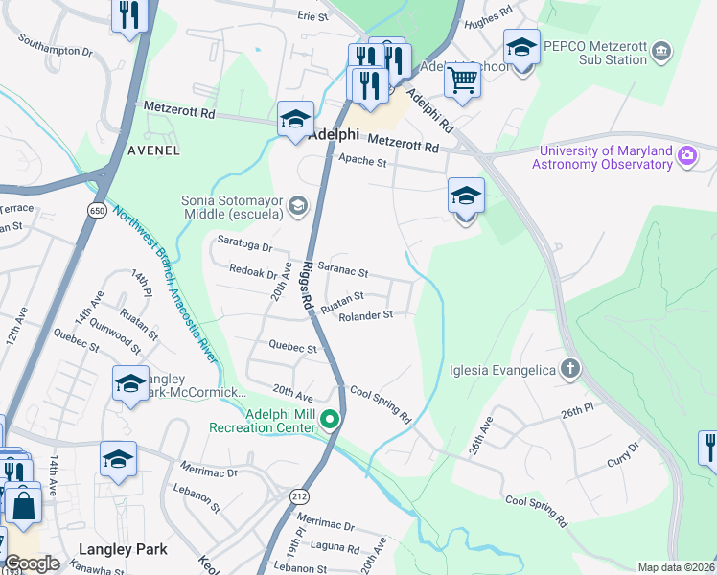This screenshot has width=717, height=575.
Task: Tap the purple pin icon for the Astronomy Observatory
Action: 687,156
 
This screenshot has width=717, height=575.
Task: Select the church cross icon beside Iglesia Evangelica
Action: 570,369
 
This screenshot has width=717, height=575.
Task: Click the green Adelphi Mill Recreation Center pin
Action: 331,420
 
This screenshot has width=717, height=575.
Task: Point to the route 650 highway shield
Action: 97,210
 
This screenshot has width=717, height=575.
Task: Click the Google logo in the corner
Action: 31,563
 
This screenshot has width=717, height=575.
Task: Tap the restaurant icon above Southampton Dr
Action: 127,15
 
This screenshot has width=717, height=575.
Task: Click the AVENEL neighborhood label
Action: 153,150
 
